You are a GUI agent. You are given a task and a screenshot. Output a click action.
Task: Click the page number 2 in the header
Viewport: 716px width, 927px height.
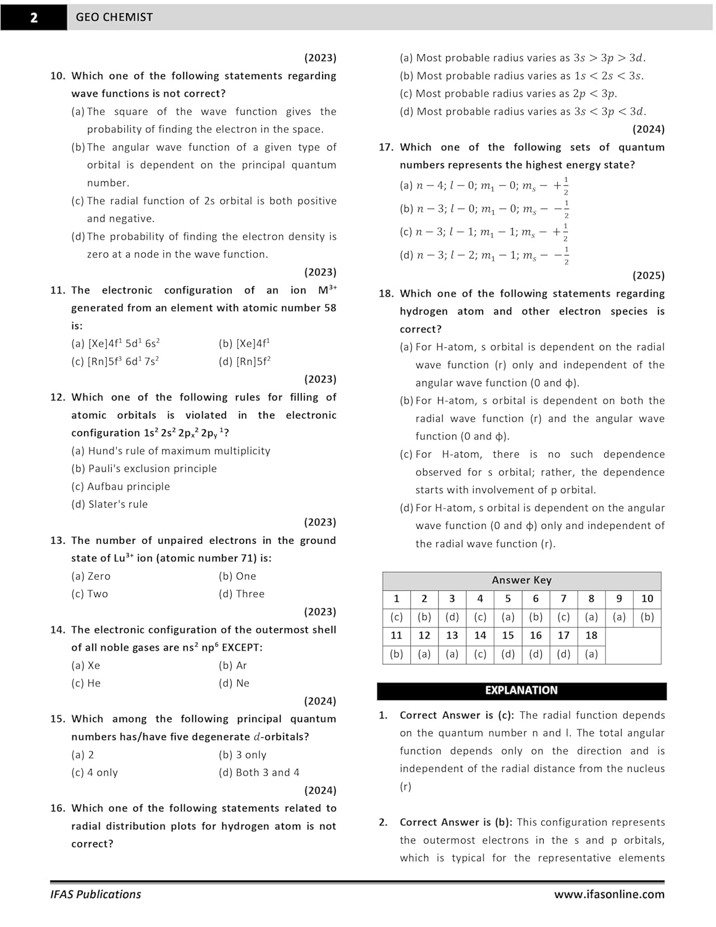click(33, 17)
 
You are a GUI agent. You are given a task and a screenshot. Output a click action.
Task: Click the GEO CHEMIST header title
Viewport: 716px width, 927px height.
click(114, 17)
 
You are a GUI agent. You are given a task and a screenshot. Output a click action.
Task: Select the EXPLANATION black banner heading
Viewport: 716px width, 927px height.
click(521, 690)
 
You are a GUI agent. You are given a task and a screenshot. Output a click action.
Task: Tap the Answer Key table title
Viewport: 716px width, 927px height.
click(521, 580)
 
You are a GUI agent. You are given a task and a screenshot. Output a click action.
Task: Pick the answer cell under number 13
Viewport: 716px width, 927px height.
click(452, 654)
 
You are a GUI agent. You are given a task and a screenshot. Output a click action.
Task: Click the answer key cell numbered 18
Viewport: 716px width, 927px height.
click(591, 635)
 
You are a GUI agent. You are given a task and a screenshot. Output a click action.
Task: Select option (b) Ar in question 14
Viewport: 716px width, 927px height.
click(233, 666)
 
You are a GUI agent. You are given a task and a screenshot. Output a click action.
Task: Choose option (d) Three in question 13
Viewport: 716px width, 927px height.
click(242, 594)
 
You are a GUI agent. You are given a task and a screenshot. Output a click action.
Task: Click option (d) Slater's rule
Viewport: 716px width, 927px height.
click(109, 504)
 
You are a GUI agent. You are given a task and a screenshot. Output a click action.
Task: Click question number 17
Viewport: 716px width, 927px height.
click(386, 147)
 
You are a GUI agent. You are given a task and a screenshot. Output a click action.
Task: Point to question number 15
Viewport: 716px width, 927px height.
click(57, 719)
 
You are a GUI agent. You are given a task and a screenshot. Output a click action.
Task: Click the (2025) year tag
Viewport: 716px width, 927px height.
click(648, 276)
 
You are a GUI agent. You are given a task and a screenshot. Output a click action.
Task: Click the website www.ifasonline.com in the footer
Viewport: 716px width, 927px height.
click(609, 894)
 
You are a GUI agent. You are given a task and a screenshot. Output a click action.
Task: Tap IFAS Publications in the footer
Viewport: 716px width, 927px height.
click(96, 894)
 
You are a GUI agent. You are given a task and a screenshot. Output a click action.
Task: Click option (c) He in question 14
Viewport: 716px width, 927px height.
click(86, 684)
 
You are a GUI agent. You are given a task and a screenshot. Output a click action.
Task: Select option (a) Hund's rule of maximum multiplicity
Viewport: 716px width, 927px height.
click(171, 451)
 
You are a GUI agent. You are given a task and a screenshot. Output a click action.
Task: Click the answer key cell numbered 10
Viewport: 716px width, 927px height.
click(647, 599)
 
